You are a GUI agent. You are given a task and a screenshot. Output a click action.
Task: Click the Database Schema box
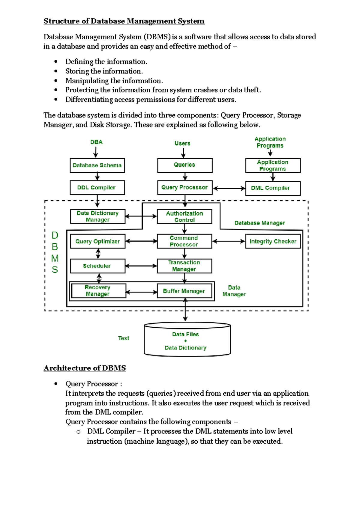97,165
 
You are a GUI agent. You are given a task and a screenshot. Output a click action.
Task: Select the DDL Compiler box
97,188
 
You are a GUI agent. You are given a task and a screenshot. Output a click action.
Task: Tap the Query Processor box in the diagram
184,188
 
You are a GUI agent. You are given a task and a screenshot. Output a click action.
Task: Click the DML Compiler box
273,188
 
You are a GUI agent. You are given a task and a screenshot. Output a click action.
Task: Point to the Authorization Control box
184,216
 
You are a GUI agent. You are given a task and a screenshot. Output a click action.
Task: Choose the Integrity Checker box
273,241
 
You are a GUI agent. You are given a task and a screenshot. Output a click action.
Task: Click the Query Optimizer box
97,241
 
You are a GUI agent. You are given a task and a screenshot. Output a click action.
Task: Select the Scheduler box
97,266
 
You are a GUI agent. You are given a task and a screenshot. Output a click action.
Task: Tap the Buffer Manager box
184,291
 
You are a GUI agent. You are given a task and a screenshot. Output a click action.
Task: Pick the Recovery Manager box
98,291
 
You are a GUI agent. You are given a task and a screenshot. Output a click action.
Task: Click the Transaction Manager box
184,266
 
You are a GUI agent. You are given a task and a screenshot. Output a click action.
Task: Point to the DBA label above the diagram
96,142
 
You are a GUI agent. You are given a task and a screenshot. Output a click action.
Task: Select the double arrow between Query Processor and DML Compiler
229,189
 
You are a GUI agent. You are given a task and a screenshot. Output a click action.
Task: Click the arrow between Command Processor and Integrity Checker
229,241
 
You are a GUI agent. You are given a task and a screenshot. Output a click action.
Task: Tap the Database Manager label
259,223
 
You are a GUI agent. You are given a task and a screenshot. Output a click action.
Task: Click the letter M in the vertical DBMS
55,258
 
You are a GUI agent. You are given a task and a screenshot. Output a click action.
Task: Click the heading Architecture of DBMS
85,368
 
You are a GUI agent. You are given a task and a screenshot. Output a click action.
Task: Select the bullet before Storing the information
56,71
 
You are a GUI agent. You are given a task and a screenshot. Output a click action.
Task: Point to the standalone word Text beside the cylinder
123,338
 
